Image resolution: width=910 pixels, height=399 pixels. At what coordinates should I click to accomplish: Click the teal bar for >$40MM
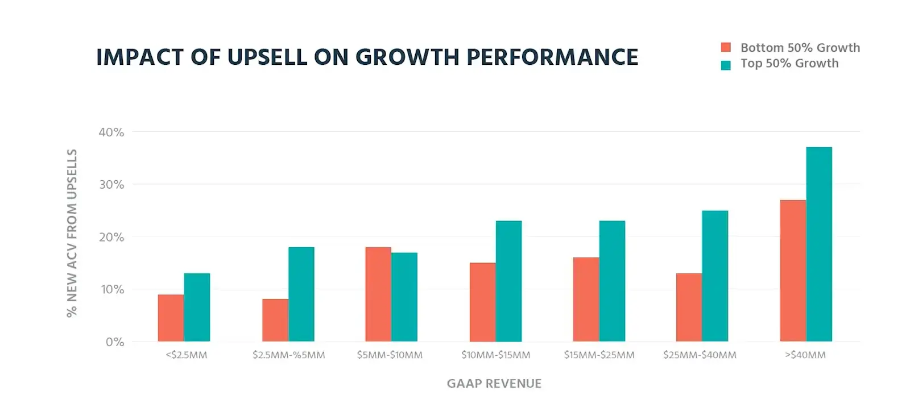(x=818, y=244)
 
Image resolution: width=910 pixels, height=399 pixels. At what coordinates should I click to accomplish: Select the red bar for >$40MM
(x=793, y=271)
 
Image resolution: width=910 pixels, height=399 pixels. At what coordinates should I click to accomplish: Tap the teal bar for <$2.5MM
(x=197, y=307)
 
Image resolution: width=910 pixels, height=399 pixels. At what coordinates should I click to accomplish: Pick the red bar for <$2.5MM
(x=171, y=318)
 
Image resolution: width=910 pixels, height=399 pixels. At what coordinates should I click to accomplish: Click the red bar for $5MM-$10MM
(x=378, y=294)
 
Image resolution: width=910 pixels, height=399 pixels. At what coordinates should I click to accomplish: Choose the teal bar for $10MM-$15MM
(x=508, y=281)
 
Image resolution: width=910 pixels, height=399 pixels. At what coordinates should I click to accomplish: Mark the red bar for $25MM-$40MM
(x=689, y=307)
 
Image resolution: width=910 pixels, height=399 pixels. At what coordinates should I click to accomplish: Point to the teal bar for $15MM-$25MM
(x=612, y=281)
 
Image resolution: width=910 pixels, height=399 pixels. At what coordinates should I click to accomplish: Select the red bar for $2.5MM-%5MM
(x=275, y=320)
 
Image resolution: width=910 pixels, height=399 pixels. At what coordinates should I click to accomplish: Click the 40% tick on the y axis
(x=111, y=132)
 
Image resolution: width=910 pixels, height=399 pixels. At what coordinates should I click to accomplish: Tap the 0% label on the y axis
(x=115, y=342)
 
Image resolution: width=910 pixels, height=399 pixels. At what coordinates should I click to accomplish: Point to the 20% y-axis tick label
(x=111, y=237)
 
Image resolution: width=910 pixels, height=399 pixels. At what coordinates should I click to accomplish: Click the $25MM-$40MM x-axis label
(x=700, y=355)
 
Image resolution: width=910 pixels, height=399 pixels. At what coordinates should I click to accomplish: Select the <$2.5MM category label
(x=187, y=355)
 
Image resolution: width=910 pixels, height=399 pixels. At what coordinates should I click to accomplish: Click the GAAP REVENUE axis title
(x=494, y=384)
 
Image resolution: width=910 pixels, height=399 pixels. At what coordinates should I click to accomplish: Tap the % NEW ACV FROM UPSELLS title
(x=72, y=233)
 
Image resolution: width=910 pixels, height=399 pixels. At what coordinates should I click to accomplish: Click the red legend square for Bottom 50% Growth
(x=726, y=48)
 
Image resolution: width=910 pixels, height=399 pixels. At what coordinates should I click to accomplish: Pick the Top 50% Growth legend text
(x=789, y=64)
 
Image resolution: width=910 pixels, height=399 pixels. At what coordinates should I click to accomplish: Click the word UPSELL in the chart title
(x=267, y=57)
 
